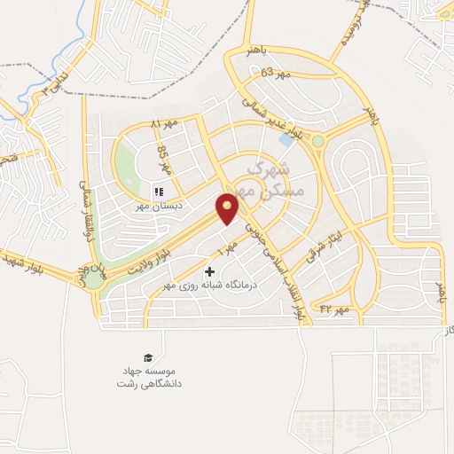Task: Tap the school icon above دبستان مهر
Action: (x=159, y=191)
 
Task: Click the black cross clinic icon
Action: (x=209, y=271)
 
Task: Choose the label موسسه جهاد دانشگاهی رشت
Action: (x=147, y=376)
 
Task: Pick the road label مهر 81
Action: (x=164, y=123)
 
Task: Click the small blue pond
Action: (x=286, y=139)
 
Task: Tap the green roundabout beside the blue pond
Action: (x=317, y=140)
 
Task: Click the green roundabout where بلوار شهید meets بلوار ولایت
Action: (x=93, y=278)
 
